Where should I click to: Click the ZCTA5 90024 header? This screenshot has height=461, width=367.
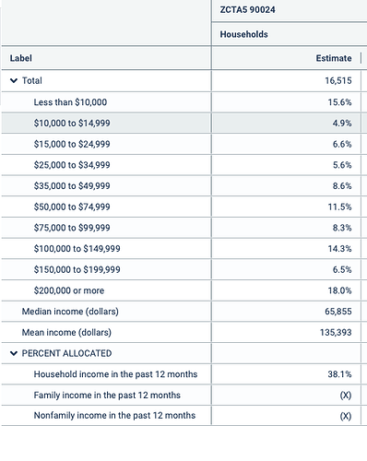(x=247, y=10)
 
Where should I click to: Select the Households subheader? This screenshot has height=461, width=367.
(x=243, y=34)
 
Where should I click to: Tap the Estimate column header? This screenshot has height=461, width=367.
(x=334, y=58)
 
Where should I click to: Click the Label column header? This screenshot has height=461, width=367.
(x=20, y=58)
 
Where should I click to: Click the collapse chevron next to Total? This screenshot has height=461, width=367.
(x=14, y=81)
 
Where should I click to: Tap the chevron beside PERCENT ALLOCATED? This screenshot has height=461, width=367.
(x=14, y=353)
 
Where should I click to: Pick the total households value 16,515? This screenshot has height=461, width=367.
(x=338, y=81)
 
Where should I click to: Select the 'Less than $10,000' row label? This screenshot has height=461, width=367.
(x=70, y=102)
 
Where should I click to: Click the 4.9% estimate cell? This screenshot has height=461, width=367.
(x=342, y=123)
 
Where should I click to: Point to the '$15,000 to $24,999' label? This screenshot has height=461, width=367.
(x=72, y=144)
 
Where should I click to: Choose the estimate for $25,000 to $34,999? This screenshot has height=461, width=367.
(x=342, y=165)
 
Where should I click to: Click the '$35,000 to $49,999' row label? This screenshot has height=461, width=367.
(x=72, y=186)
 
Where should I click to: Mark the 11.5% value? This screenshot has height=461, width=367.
(x=339, y=207)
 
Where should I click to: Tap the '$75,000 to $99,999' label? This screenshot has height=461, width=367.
(x=72, y=228)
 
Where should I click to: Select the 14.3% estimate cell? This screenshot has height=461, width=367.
(x=339, y=249)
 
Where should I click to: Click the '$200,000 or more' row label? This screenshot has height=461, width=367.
(x=69, y=290)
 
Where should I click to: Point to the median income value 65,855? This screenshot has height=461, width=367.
(x=338, y=312)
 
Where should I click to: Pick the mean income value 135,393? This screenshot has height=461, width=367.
(x=336, y=332)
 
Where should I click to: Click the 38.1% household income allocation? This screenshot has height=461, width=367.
(x=339, y=374)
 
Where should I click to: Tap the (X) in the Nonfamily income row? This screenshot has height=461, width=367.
(x=346, y=416)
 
